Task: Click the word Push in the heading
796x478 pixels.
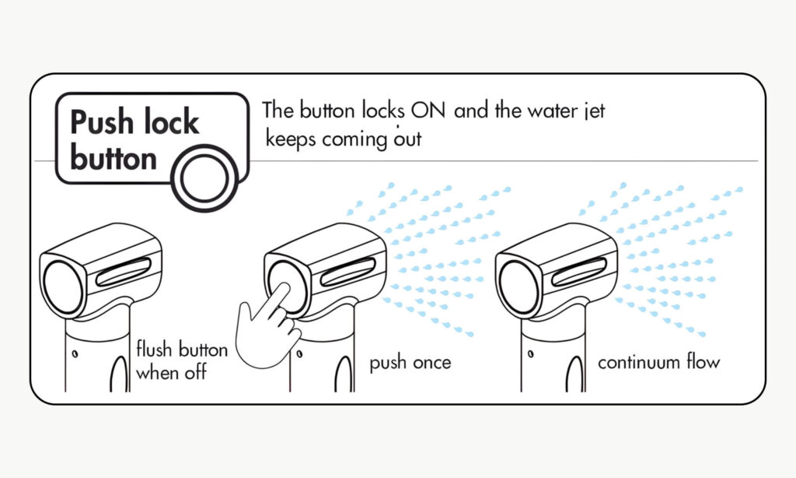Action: click(x=99, y=122)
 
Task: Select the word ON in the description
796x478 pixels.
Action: click(x=429, y=110)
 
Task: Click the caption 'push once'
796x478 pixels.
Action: click(x=410, y=363)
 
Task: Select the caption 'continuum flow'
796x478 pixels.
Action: click(x=658, y=363)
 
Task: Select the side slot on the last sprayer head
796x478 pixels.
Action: click(x=579, y=272)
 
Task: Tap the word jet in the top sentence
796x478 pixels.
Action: click(x=594, y=111)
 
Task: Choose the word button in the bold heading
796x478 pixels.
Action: click(x=113, y=158)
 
